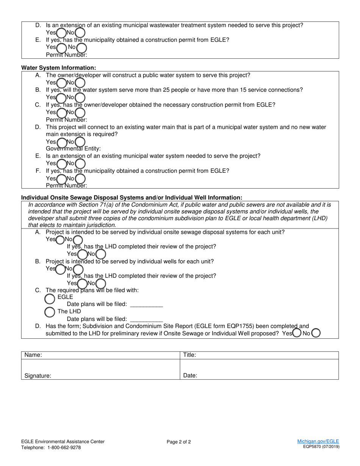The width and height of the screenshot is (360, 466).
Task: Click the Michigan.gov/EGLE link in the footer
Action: click(318, 441)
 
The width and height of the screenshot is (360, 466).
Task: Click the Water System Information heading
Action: click(59, 68)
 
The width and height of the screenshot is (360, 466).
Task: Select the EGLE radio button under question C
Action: click(50, 299)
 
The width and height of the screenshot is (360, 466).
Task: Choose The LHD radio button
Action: click(50, 312)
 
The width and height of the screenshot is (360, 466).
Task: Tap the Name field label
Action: click(33, 355)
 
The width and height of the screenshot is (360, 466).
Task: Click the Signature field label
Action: click(38, 376)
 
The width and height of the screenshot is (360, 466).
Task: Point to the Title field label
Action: click(189, 355)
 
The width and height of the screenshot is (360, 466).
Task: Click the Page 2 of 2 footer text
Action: click(179, 442)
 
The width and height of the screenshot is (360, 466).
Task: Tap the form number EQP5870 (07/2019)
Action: click(321, 447)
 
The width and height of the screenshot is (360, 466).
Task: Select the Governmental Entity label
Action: click(73, 149)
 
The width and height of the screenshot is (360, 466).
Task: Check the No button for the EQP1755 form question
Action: click(316, 333)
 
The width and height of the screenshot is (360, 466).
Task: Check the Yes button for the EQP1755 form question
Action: click(297, 333)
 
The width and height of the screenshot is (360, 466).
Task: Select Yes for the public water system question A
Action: click(61, 82)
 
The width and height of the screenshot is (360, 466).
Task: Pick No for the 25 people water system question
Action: click(80, 97)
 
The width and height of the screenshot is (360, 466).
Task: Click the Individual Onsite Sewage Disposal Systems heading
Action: click(131, 198)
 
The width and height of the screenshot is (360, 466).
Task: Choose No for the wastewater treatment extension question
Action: click(80, 33)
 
